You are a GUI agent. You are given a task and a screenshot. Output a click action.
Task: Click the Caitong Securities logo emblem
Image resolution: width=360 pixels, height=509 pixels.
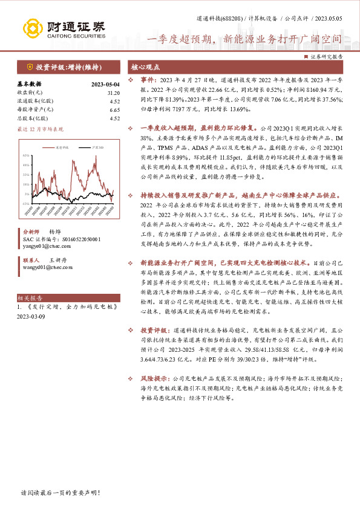click(x=31, y=28)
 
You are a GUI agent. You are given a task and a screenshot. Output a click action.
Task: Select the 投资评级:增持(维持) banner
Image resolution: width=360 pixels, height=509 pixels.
click(x=64, y=66)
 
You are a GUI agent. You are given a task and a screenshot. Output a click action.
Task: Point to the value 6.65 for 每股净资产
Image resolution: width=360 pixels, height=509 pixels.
click(x=114, y=109)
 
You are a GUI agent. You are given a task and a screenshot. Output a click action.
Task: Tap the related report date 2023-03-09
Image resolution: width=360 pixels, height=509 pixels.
click(x=31, y=316)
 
